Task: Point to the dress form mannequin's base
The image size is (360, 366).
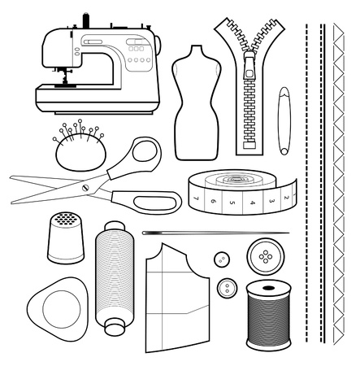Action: click(x=193, y=154)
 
